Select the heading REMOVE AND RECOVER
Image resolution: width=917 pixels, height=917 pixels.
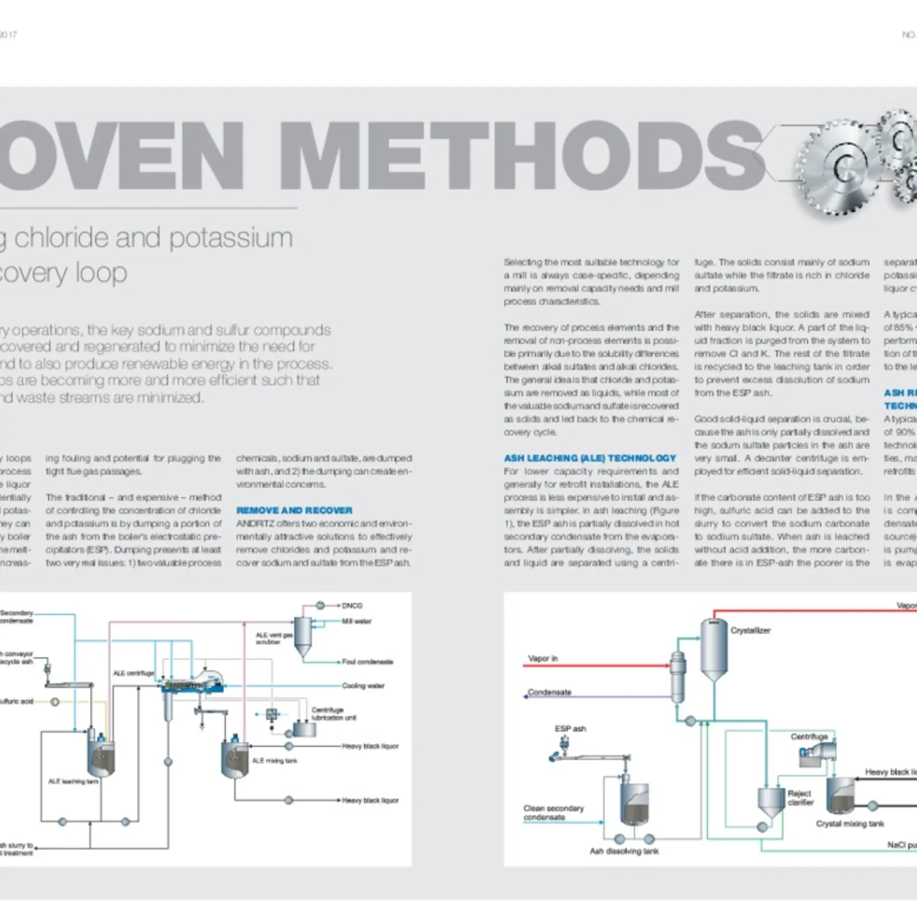click(x=294, y=511)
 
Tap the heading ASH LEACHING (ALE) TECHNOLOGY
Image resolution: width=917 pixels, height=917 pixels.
click(x=590, y=458)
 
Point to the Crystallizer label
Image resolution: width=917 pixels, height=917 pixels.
click(x=750, y=630)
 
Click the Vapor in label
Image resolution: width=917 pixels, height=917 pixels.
click(x=543, y=658)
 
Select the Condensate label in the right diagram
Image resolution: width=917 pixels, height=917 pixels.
click(x=549, y=692)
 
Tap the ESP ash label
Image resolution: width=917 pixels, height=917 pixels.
click(x=570, y=728)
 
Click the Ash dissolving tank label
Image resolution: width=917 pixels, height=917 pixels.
click(x=624, y=851)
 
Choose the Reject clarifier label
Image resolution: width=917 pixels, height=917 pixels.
click(x=800, y=798)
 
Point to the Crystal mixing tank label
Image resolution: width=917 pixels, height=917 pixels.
click(x=850, y=823)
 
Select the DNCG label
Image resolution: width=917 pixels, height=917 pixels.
click(x=352, y=606)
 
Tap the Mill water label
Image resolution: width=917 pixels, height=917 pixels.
click(x=356, y=621)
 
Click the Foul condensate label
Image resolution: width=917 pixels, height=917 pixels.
click(x=367, y=661)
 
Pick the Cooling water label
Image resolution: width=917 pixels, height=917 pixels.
click(x=363, y=685)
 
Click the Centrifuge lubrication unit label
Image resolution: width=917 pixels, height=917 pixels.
click(x=333, y=714)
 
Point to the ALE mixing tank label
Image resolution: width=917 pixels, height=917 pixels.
click(x=275, y=760)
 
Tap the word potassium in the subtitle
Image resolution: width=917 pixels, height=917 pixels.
click(x=231, y=238)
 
